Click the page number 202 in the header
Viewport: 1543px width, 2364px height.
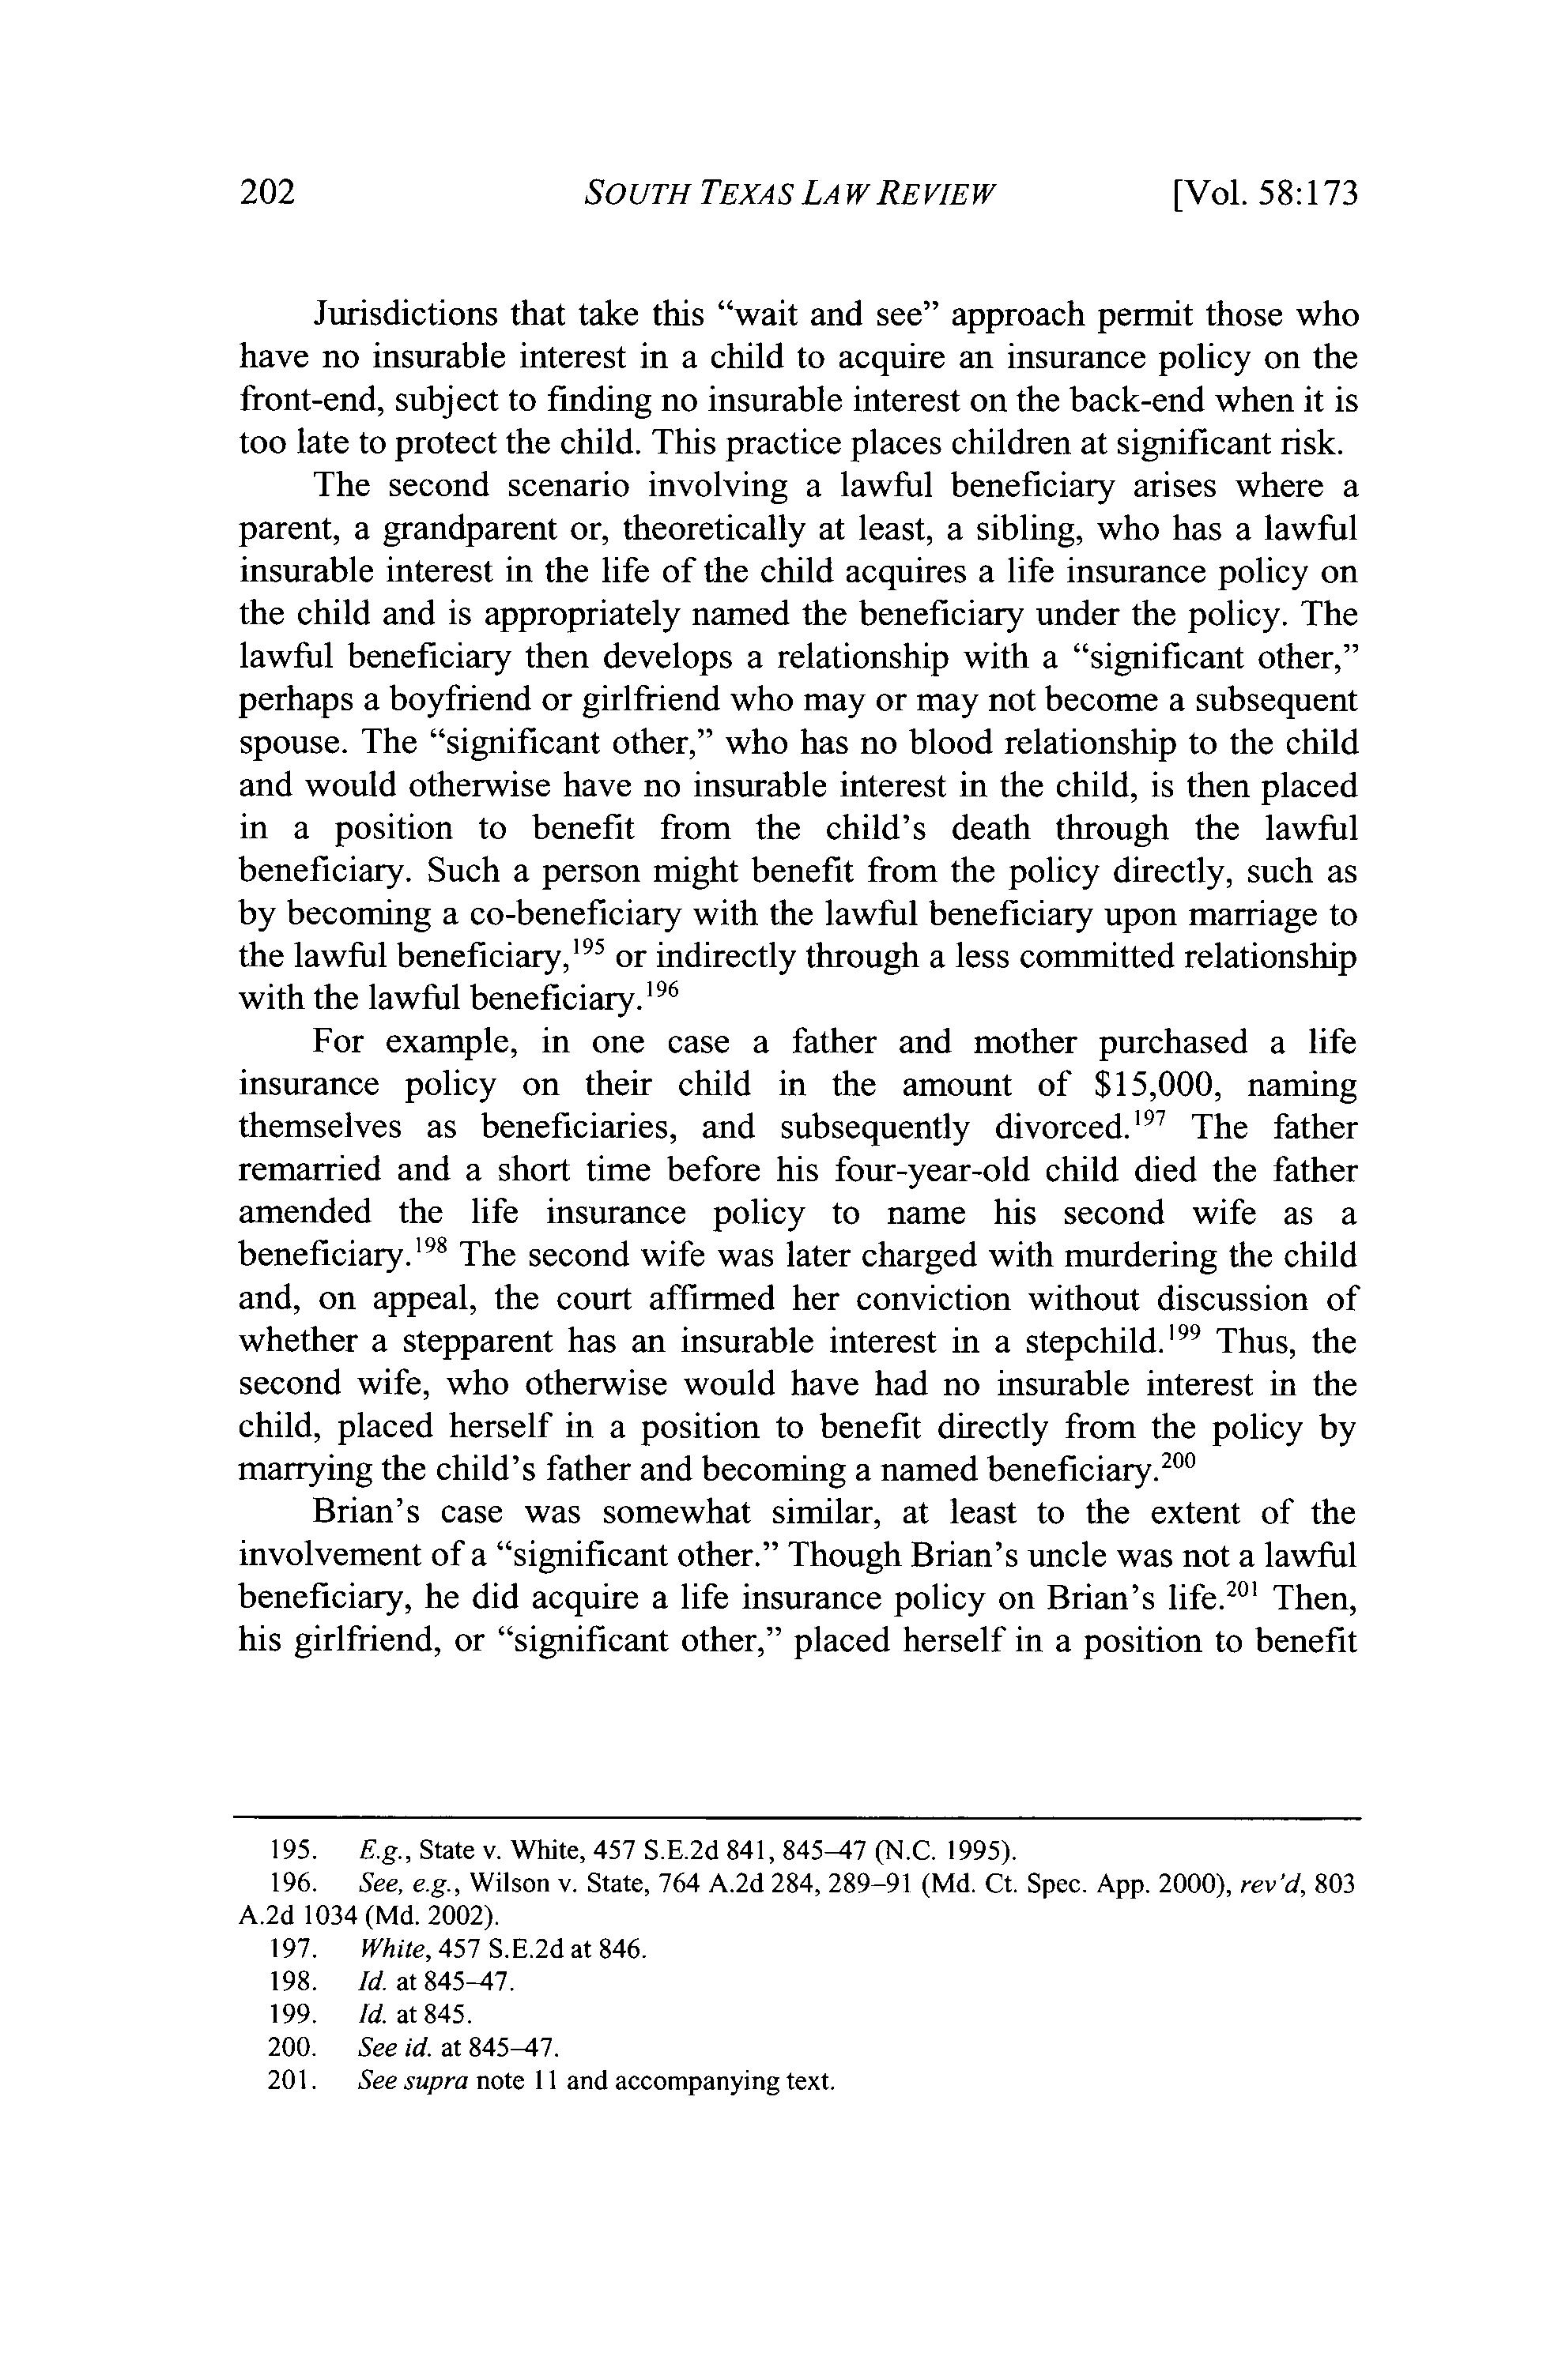[268, 192]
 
